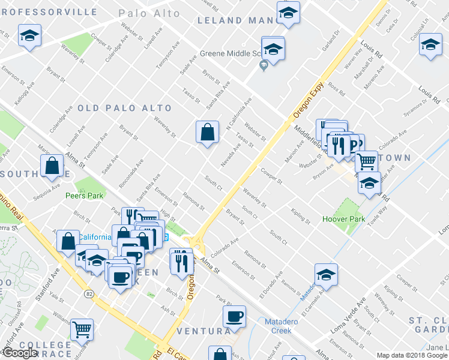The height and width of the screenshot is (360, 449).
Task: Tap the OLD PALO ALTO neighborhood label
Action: pos(124,108)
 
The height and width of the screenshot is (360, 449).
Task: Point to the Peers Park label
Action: pos(85,195)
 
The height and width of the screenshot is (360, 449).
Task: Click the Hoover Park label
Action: pos(343,219)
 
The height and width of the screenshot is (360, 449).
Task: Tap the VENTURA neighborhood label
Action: pos(203,331)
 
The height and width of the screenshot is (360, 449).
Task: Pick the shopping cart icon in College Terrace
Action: pos(82,328)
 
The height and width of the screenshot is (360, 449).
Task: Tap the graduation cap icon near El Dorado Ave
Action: pos(326,274)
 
